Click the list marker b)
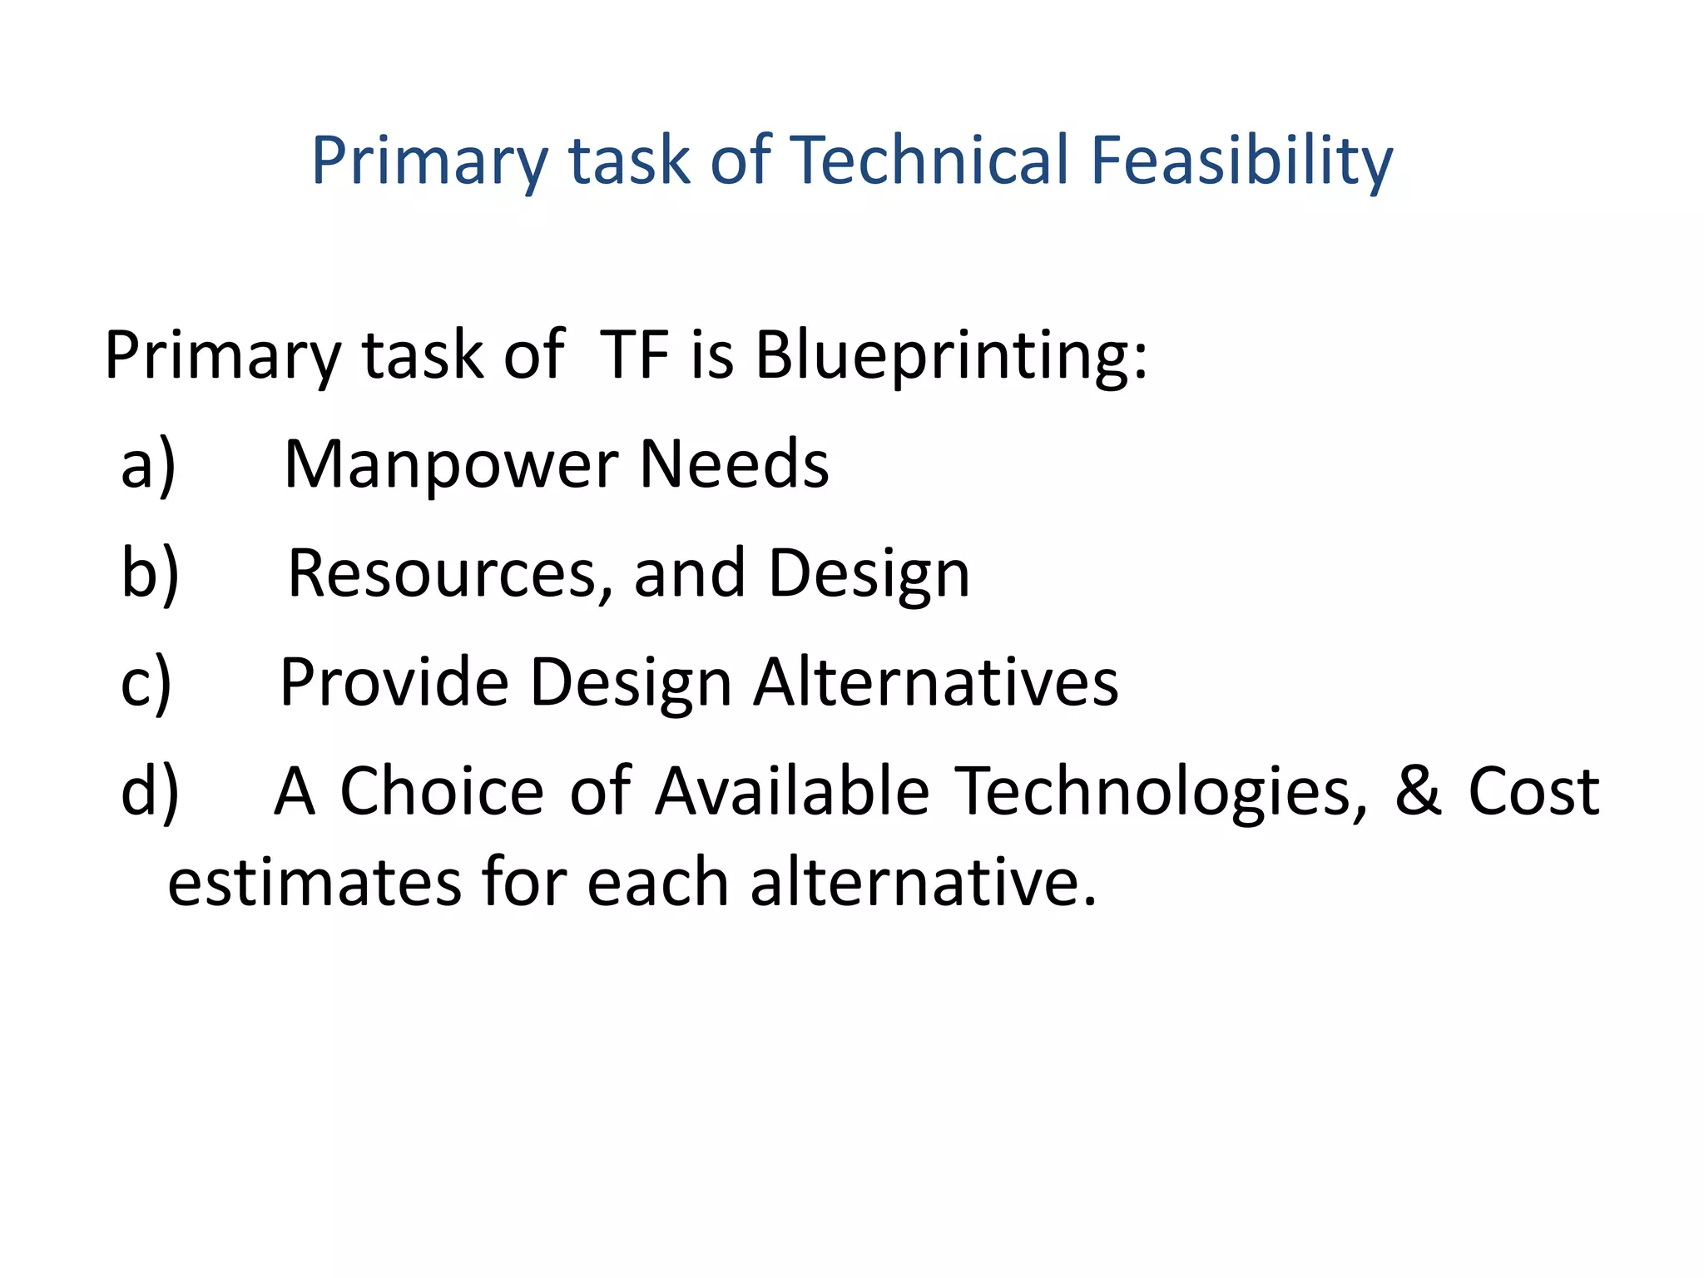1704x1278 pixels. coord(150,573)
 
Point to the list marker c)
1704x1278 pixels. coord(146,682)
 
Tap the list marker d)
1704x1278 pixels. coord(150,791)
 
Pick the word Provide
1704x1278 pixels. coord(394,682)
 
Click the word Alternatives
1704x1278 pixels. coord(936,682)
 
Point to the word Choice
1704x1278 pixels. coord(442,791)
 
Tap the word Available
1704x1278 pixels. coord(792,791)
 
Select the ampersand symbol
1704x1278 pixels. coord(1418,791)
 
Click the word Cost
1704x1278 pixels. coord(1533,791)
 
